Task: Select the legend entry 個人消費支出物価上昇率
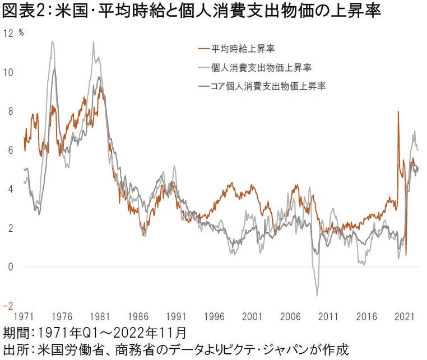[261, 68]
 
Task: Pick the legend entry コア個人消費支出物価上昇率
[268, 86]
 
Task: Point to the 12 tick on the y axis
[8, 33]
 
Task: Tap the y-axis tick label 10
[8, 72]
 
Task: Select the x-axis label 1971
[24, 317]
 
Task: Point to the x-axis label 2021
[404, 317]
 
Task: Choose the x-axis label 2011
[328, 317]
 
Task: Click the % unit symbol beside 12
[21, 32]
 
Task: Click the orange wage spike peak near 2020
[398, 111]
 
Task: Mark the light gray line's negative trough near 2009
[317, 295]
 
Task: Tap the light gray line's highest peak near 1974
[53, 41]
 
